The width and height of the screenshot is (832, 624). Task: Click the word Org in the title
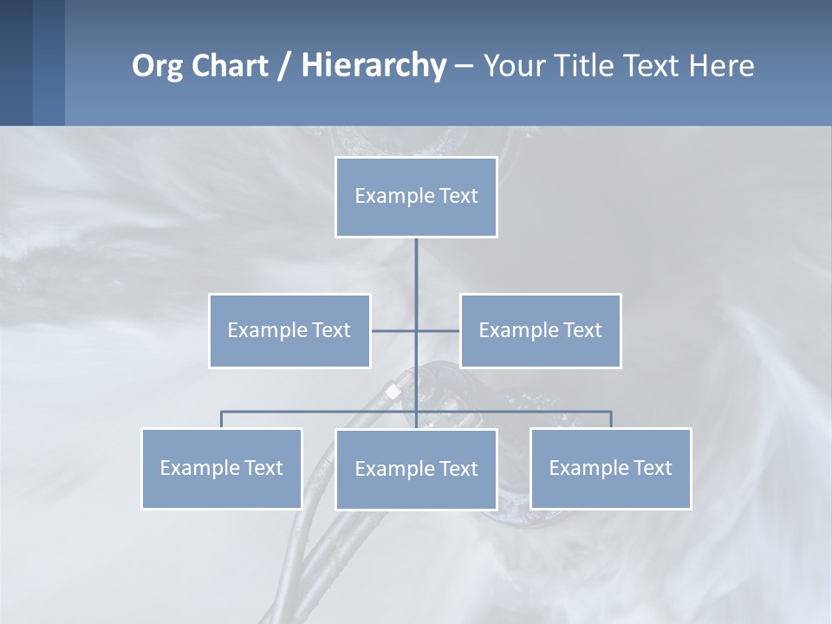pos(156,66)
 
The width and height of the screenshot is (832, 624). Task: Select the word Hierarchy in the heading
pos(373,66)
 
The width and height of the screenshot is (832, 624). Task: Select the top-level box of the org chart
pos(416,197)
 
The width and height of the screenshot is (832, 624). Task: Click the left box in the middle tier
pos(289,330)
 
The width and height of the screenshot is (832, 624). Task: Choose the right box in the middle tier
pos(541,330)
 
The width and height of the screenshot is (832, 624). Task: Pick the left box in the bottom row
pos(222,468)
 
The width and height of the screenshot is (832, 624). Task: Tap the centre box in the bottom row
pos(416,469)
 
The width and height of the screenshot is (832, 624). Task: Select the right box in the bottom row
pos(611,468)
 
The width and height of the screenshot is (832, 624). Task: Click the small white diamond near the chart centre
pos(393,392)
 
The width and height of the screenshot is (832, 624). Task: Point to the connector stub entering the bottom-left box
pos(222,419)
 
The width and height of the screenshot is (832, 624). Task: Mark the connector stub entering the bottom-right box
pos(611,419)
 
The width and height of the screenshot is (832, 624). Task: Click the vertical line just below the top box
pos(416,260)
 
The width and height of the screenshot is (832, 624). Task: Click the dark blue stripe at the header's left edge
pos(16,62)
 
